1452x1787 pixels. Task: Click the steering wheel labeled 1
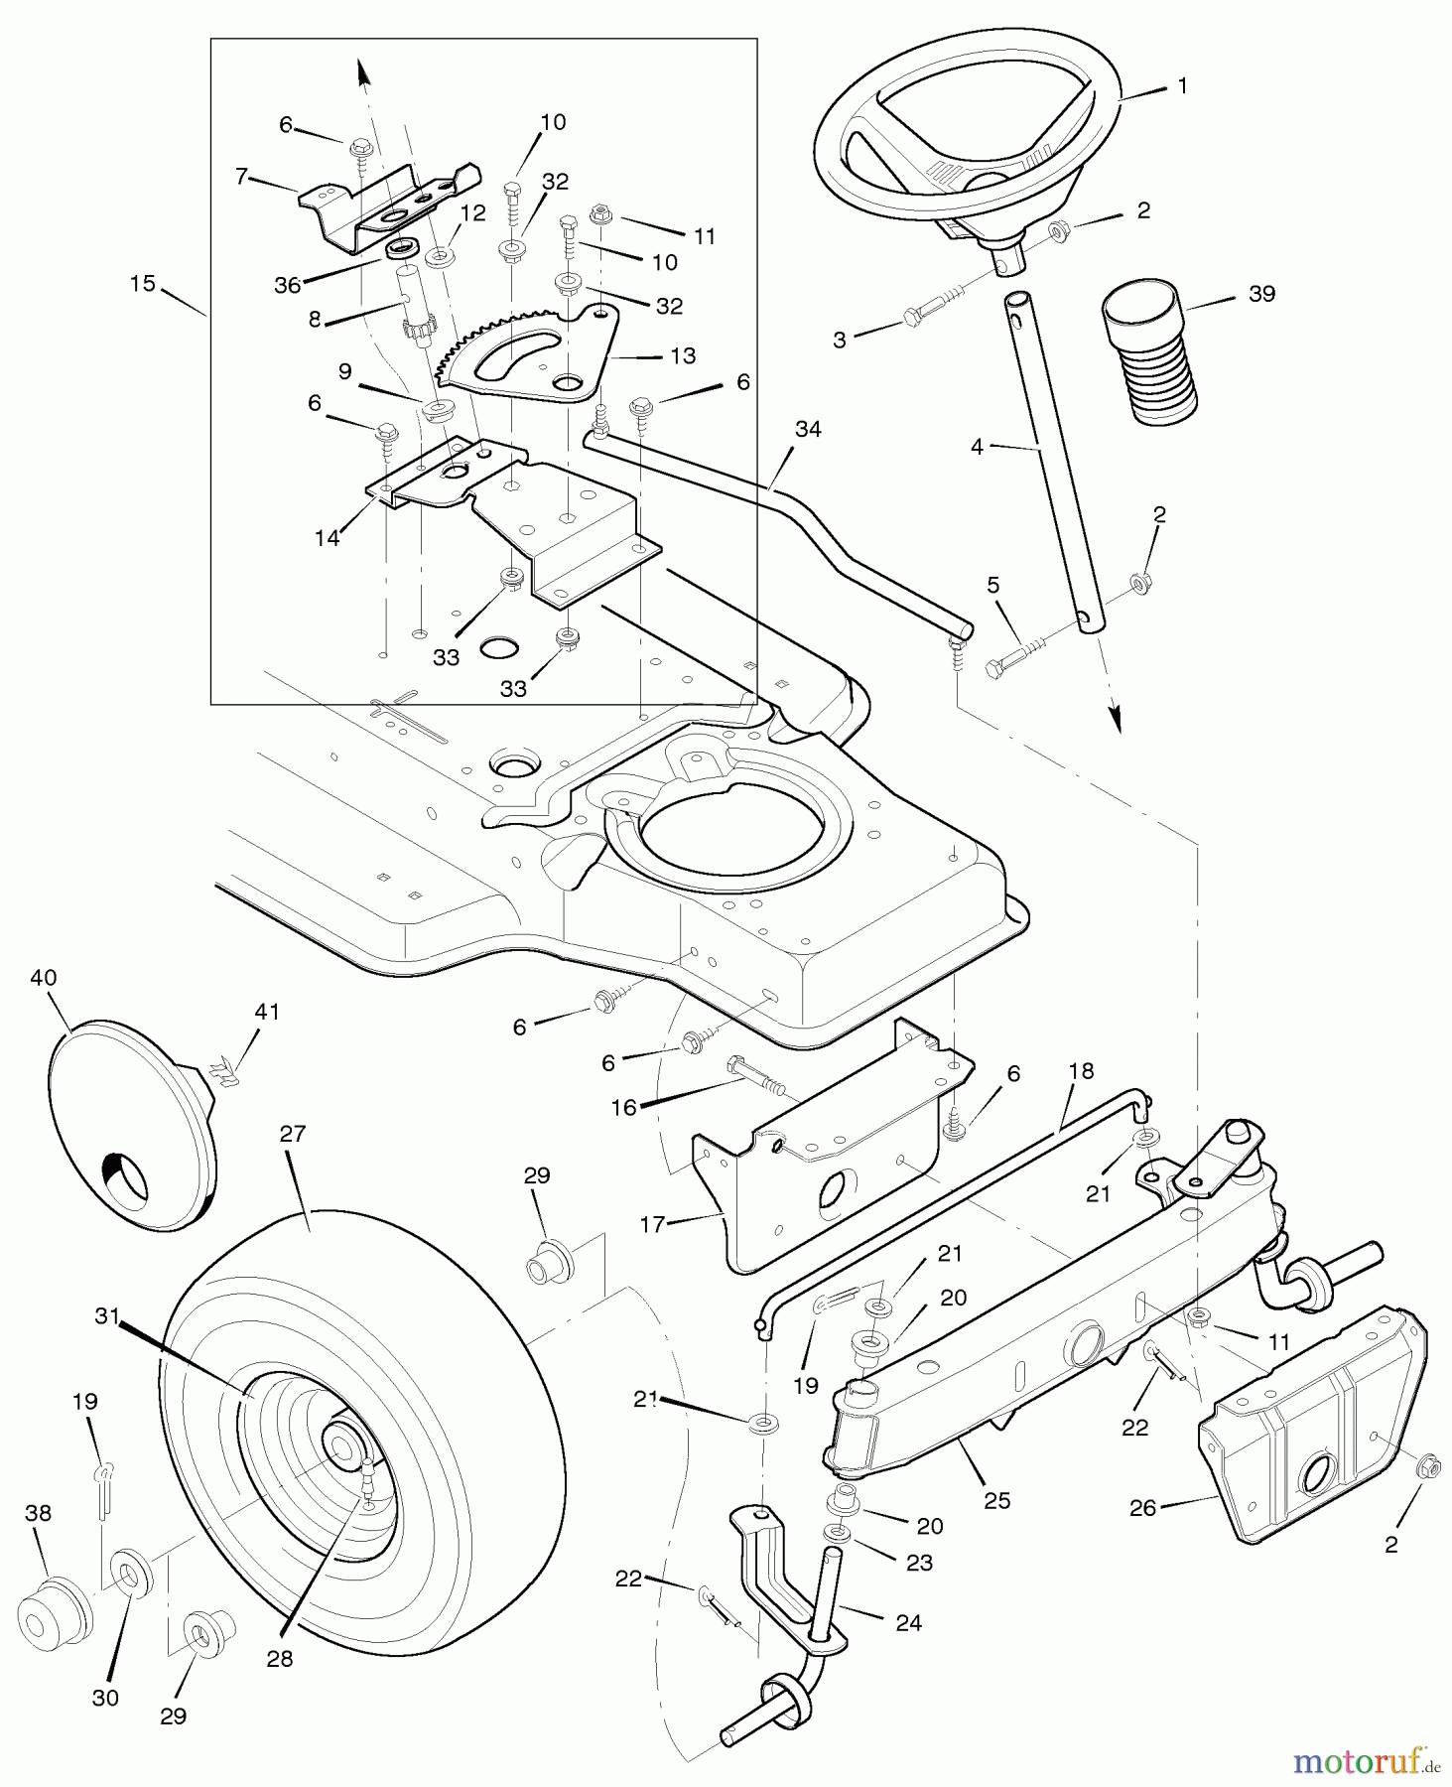coord(968,139)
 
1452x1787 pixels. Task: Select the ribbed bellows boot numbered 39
coord(1151,352)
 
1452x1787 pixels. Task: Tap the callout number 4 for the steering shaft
coord(978,448)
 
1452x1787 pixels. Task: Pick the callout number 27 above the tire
coord(293,1134)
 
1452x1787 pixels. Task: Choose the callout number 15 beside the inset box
coord(143,284)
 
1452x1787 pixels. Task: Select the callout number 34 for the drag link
coord(808,429)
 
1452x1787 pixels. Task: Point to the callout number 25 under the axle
coord(996,1500)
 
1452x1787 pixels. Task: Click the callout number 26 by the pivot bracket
coord(1143,1508)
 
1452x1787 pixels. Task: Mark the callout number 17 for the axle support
coord(651,1225)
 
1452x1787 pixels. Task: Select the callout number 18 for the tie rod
coord(1081,1071)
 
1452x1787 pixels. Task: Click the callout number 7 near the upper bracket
coord(241,177)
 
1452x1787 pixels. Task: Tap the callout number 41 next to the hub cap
coord(267,1012)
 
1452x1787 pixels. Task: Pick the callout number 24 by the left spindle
coord(908,1622)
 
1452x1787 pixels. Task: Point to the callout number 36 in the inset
coord(287,286)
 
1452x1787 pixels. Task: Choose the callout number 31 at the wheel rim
coord(107,1316)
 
